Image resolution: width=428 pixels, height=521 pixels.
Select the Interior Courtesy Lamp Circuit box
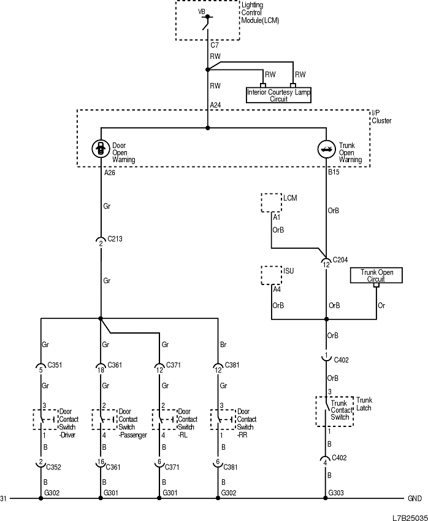coord(278,95)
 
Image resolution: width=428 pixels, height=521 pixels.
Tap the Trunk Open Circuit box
coord(376,275)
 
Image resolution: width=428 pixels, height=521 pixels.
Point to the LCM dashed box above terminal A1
coord(270,202)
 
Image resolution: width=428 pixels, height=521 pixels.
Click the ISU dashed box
coord(270,275)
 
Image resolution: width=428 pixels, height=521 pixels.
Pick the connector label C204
coord(341,259)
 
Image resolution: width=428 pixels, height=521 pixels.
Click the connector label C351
coord(55,365)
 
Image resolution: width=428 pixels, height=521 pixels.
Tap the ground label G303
coord(336,493)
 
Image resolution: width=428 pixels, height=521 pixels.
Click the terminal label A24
coord(215,106)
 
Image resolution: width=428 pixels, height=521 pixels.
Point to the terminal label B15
coord(334,173)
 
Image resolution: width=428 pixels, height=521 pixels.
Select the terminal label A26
coord(109,173)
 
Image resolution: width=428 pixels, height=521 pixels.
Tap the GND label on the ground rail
coord(414,498)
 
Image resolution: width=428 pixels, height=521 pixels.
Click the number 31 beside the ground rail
coord(4,498)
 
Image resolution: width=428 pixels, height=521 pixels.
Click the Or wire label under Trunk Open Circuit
coord(381,305)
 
